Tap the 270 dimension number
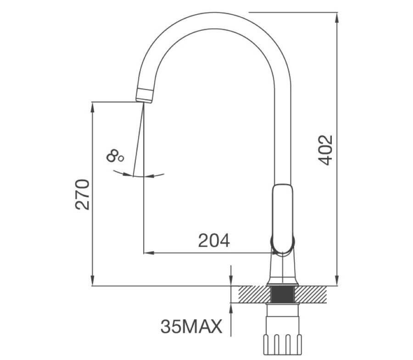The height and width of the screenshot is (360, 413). [82, 194]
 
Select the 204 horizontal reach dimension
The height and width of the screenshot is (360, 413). [214, 240]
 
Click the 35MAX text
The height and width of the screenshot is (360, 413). [191, 327]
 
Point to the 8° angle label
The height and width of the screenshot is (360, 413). [115, 156]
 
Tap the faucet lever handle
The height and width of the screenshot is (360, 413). [283, 218]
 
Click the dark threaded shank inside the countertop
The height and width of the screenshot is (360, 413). [283, 294]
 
